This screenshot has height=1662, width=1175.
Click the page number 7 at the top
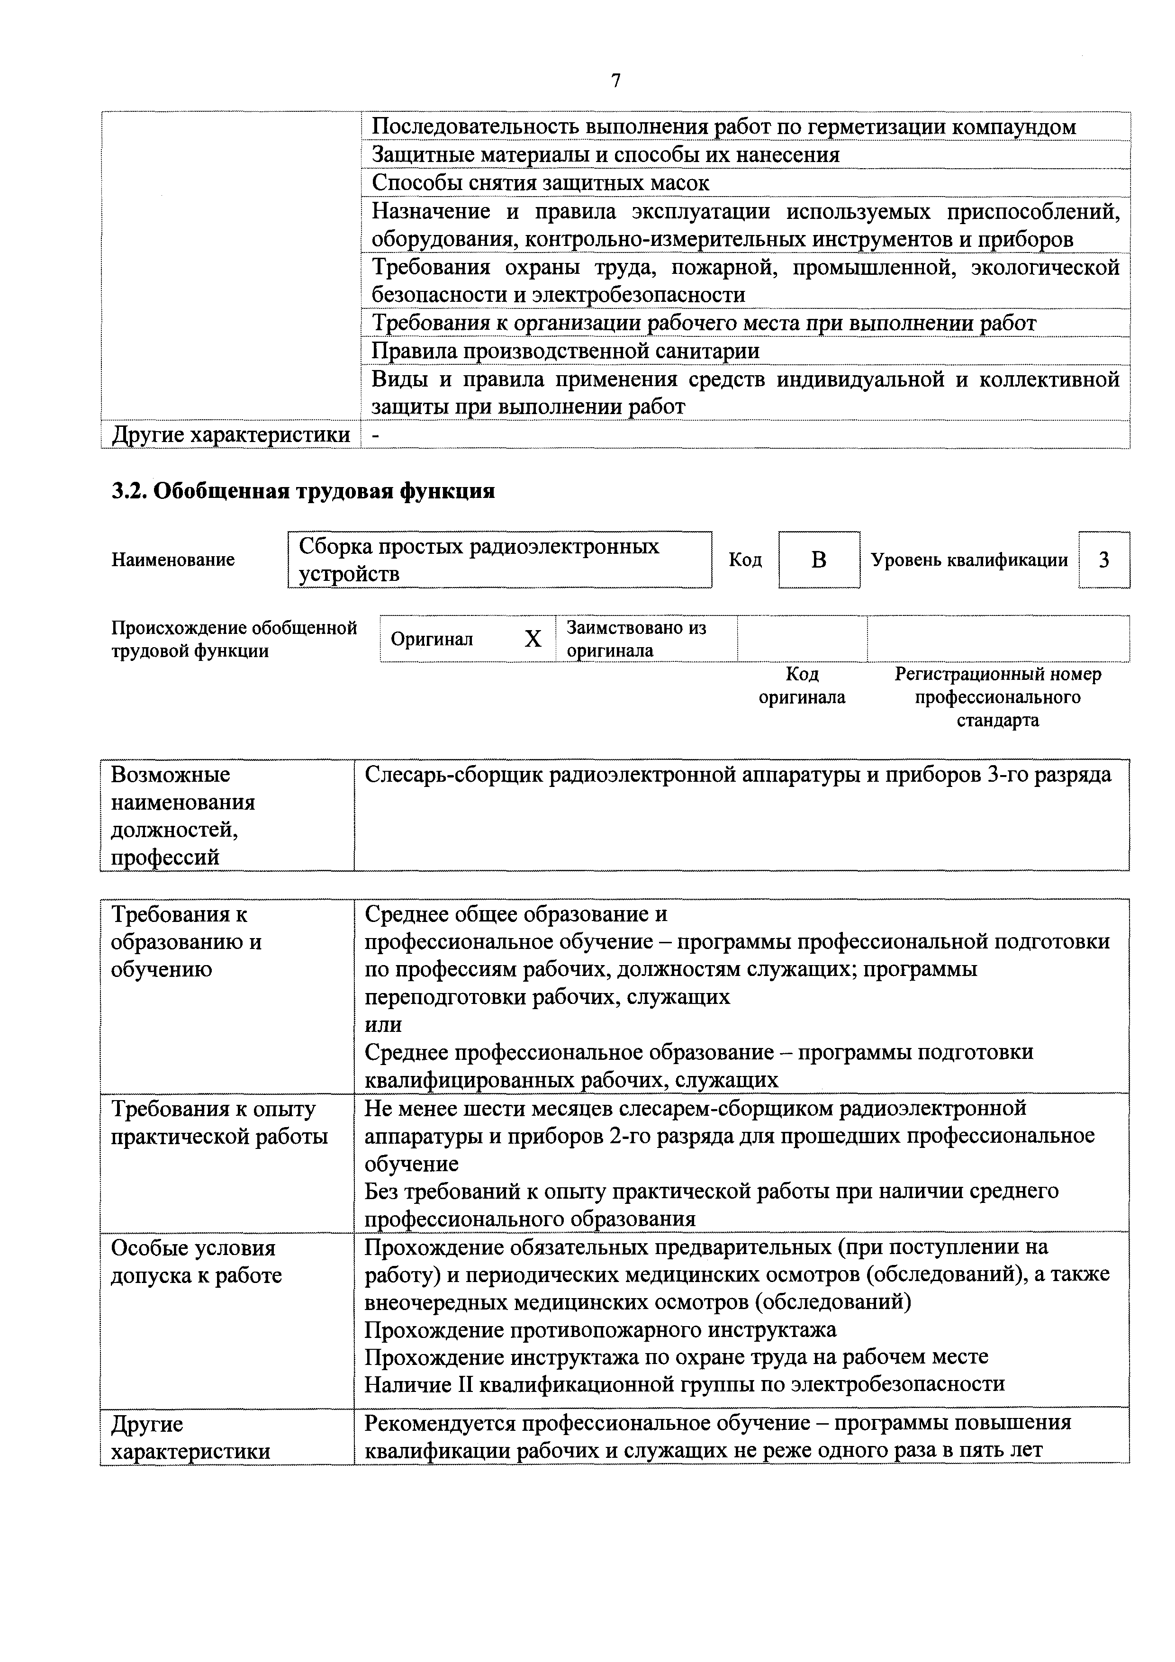click(616, 81)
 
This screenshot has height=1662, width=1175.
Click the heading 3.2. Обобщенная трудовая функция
click(303, 491)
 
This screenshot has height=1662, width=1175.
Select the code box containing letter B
click(819, 560)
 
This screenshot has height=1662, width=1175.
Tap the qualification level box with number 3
click(1103, 560)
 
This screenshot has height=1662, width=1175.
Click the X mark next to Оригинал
click(533, 639)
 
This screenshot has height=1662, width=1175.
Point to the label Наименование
click(173, 560)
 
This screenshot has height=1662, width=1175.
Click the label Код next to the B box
click(745, 560)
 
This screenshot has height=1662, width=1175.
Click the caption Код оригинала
click(802, 686)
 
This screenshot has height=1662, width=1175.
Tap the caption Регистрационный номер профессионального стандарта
click(998, 696)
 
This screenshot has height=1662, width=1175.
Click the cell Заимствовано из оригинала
click(636, 639)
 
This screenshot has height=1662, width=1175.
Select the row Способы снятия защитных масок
click(540, 183)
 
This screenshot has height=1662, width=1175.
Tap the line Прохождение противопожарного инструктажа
click(600, 1330)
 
